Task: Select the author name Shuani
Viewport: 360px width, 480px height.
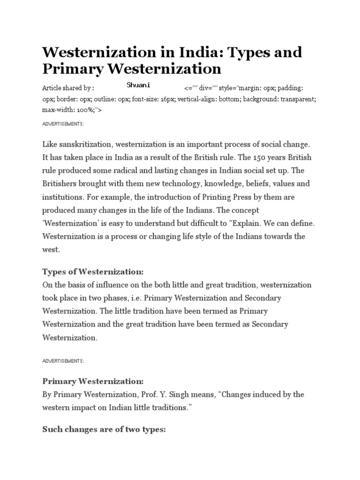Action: tap(138, 85)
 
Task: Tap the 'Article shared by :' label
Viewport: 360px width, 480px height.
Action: tap(68, 88)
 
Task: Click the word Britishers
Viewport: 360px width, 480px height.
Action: tap(62, 183)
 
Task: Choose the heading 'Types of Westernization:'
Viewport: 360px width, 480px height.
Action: tap(93, 272)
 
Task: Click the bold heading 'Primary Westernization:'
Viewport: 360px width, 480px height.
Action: tap(93, 381)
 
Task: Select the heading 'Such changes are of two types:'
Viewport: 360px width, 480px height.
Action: tap(104, 429)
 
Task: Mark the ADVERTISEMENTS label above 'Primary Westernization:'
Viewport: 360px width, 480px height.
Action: tap(63, 361)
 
